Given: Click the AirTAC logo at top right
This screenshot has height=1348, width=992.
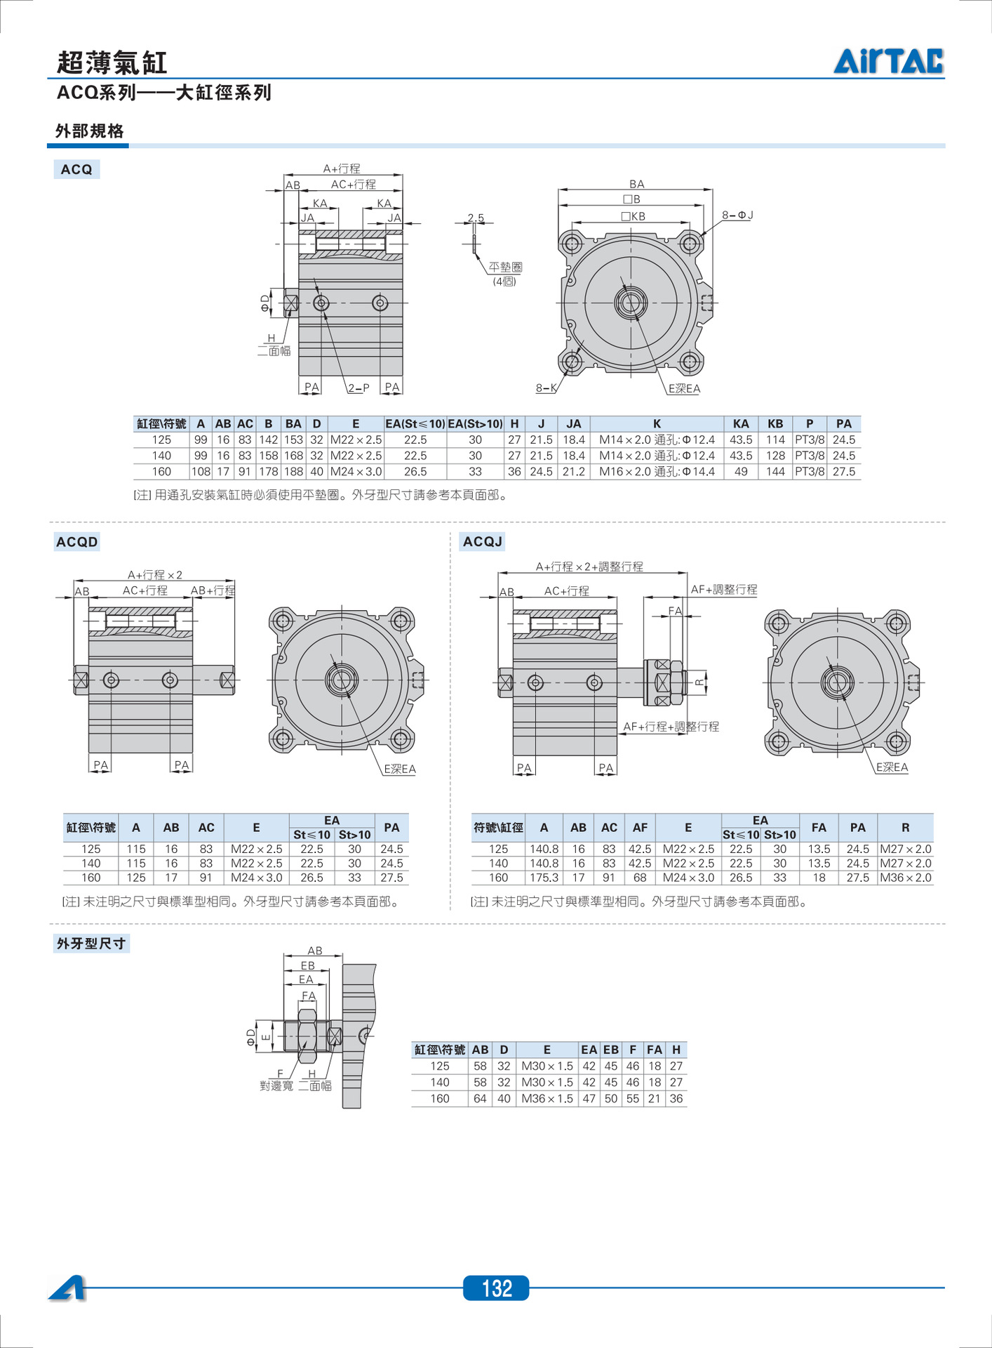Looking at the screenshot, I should (x=888, y=61).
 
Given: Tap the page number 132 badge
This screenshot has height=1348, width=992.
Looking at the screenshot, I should (x=496, y=1288).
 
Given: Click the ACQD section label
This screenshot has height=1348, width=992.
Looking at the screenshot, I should (x=77, y=542).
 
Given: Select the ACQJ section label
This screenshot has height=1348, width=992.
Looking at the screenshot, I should (x=483, y=542).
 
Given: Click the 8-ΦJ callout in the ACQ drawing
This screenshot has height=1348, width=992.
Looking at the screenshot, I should (x=737, y=216).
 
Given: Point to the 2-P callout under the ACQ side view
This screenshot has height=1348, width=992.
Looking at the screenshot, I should (x=358, y=388).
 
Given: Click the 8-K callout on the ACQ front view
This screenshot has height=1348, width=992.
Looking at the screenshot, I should (x=547, y=388).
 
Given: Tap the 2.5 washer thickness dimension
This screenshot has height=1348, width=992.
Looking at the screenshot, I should (x=476, y=218).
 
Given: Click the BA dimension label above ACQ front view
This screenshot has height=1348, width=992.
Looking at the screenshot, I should (x=636, y=184).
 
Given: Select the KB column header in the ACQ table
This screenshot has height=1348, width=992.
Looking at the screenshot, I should (x=775, y=424).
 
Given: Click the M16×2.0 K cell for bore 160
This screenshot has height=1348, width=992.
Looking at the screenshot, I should (x=657, y=472).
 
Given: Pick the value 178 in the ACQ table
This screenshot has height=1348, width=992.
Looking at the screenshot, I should (x=268, y=472).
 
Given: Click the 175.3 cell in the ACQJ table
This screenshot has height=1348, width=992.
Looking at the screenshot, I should (x=544, y=878).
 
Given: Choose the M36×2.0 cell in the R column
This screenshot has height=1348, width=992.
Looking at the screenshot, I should (x=906, y=878).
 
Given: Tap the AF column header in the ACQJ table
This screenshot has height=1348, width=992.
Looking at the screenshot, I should (x=640, y=828).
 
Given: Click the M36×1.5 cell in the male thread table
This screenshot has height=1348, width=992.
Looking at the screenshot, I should (x=547, y=1099).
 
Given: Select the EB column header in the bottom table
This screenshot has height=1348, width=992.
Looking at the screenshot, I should (x=611, y=1050).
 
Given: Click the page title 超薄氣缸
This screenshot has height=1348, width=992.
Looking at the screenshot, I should (x=112, y=62).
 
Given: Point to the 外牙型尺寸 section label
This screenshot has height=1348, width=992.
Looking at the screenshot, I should (x=91, y=944).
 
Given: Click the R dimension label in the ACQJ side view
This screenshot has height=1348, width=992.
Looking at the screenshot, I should (x=699, y=682).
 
